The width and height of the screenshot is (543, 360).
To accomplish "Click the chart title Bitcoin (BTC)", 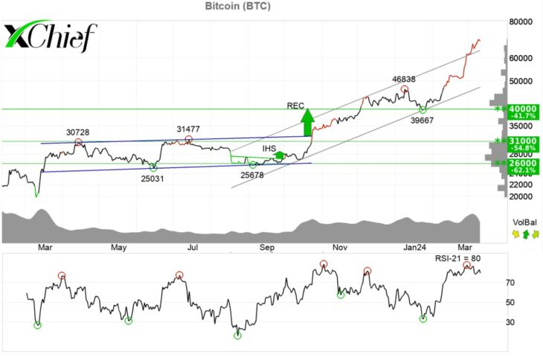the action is (x=237, y=6).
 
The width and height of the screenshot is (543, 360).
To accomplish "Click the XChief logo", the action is (x=51, y=36).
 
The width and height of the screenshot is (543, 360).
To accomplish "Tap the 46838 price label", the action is (x=403, y=80).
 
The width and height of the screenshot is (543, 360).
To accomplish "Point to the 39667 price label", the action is (x=422, y=120).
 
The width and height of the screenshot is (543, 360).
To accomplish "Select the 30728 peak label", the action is (x=77, y=132).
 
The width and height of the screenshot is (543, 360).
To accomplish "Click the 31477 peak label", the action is (x=188, y=129).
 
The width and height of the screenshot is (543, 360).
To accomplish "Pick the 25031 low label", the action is (x=152, y=179).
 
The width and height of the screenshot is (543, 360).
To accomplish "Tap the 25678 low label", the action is (x=252, y=175).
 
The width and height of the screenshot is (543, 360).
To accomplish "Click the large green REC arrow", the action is (x=307, y=122).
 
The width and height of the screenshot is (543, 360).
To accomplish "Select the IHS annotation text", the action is (x=269, y=149).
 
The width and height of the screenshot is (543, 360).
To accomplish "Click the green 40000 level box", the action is (x=523, y=112).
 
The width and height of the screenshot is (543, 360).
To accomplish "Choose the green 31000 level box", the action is (x=523, y=144).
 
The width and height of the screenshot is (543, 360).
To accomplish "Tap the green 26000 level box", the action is (x=523, y=166).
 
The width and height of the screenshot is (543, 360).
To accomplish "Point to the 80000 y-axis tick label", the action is (x=521, y=22).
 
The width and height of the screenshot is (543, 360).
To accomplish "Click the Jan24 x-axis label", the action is (x=414, y=247).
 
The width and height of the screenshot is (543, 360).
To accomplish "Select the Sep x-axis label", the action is (x=266, y=247).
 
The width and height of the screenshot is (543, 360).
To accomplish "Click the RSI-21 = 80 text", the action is (x=457, y=258).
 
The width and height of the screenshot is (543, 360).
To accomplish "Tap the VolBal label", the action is (x=524, y=222).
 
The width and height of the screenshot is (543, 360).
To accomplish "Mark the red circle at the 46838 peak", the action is (x=404, y=89).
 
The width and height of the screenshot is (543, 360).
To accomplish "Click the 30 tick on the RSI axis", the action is (x=510, y=322).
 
